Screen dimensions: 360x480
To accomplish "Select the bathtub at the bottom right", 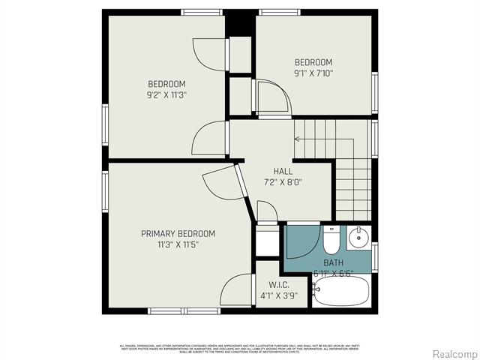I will (x=341, y=291).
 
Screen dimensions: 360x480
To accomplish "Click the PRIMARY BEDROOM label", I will (x=178, y=233).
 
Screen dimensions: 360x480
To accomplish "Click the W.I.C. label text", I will (x=278, y=284).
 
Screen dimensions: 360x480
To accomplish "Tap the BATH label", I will (x=334, y=262).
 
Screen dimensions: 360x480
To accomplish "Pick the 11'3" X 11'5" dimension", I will (x=178, y=244).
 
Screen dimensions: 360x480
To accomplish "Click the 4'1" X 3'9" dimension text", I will (x=278, y=295).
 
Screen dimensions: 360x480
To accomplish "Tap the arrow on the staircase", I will (x=298, y=139).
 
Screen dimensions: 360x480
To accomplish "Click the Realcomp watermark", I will (x=454, y=353).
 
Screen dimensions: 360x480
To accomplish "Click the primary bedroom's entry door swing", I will (x=219, y=184).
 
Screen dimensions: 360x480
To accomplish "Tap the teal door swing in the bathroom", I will (x=301, y=241).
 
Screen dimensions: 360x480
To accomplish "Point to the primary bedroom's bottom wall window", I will (x=178, y=310).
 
